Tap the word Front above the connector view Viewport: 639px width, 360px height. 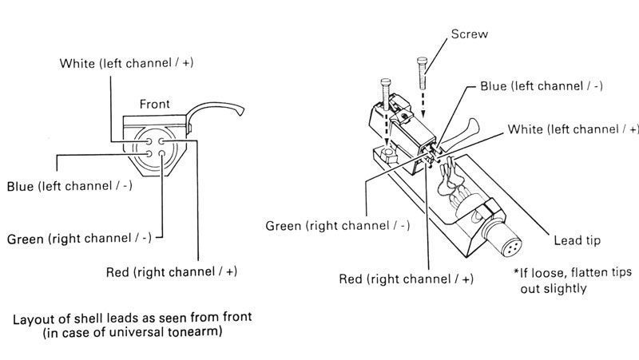154,104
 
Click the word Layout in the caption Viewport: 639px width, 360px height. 34,318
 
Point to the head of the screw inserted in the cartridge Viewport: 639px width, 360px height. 387,83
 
